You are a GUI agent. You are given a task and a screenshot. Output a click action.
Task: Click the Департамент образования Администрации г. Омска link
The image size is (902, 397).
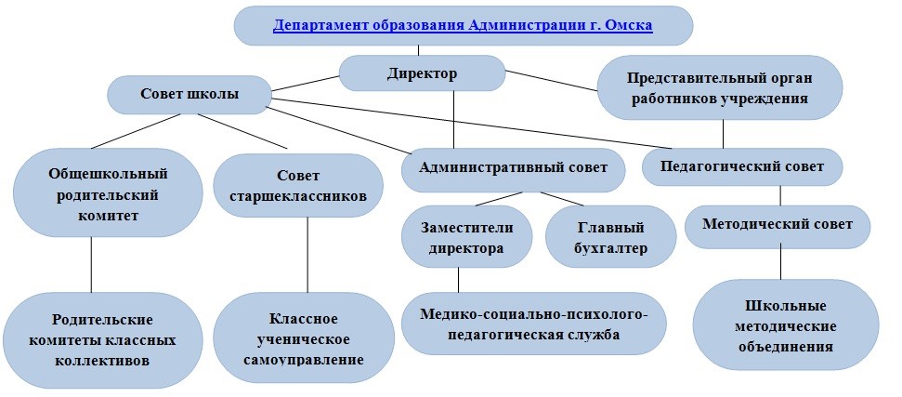pos(463,25)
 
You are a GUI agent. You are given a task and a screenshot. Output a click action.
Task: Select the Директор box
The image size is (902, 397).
pos(423,73)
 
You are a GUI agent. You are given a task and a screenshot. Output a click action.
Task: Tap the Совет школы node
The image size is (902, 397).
pos(190,94)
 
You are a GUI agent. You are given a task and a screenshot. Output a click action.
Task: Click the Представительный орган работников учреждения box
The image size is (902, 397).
pos(720,87)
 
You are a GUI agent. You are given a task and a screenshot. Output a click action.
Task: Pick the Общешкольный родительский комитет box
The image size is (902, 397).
pos(108,192)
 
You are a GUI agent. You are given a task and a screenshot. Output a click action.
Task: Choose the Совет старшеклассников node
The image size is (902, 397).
pos(298,185)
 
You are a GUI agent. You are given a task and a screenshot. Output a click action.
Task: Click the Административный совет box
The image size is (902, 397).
pos(513,167)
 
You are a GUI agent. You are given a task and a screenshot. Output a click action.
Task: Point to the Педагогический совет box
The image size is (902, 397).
pos(742,166)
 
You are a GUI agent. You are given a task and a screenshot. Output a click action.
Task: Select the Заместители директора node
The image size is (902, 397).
pos(466,236)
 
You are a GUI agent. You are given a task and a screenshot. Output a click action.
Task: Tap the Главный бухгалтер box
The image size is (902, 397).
pos(610,236)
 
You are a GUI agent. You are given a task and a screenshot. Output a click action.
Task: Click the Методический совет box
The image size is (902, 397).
pos(778,224)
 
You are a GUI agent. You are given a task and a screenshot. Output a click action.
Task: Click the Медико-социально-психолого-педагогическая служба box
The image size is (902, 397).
pos(534,324)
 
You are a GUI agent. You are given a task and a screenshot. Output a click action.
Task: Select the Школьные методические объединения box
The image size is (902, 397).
pos(786,325)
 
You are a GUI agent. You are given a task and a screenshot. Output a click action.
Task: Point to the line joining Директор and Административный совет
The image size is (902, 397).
pos(454,120)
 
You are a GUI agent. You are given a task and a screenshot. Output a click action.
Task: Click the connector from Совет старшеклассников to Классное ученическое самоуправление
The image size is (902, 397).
pos(307,255)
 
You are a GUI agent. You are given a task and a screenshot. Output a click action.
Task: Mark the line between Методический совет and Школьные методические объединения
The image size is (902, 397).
pos(780,264)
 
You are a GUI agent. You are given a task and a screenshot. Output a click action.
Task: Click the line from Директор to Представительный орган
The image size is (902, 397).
pos(552,81)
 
